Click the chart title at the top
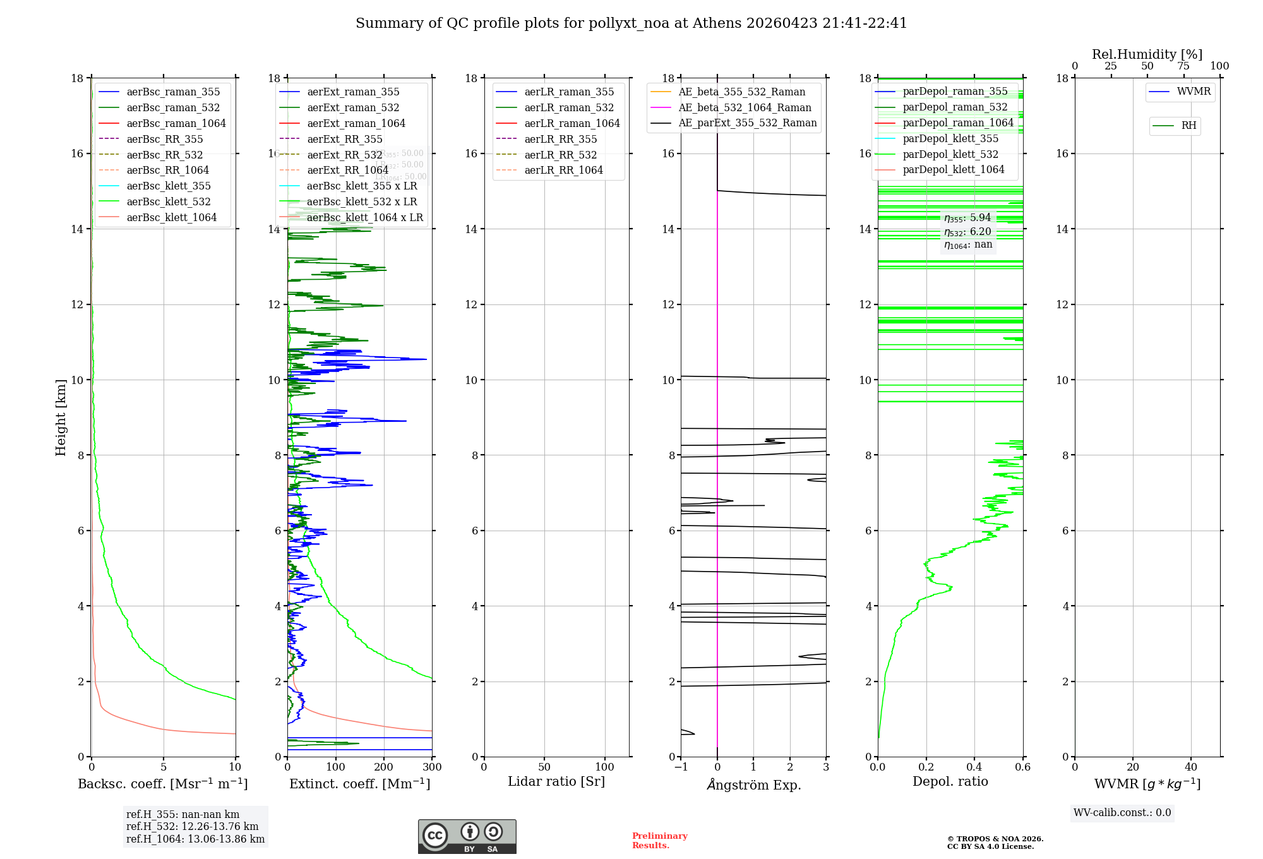coord(631,23)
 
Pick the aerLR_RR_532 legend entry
coord(560,155)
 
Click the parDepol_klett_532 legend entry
coord(950,154)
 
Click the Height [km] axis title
coord(61,417)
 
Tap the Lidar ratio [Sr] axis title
coord(556,782)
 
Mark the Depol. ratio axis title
coord(950,782)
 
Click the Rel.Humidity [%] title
coord(1147,54)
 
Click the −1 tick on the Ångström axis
coord(680,767)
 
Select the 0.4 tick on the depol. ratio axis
coord(974,767)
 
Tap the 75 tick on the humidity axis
coord(1183,66)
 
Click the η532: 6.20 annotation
coord(967,232)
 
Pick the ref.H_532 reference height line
coord(192,826)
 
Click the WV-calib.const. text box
coord(1122,813)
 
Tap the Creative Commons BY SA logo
coord(467,836)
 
